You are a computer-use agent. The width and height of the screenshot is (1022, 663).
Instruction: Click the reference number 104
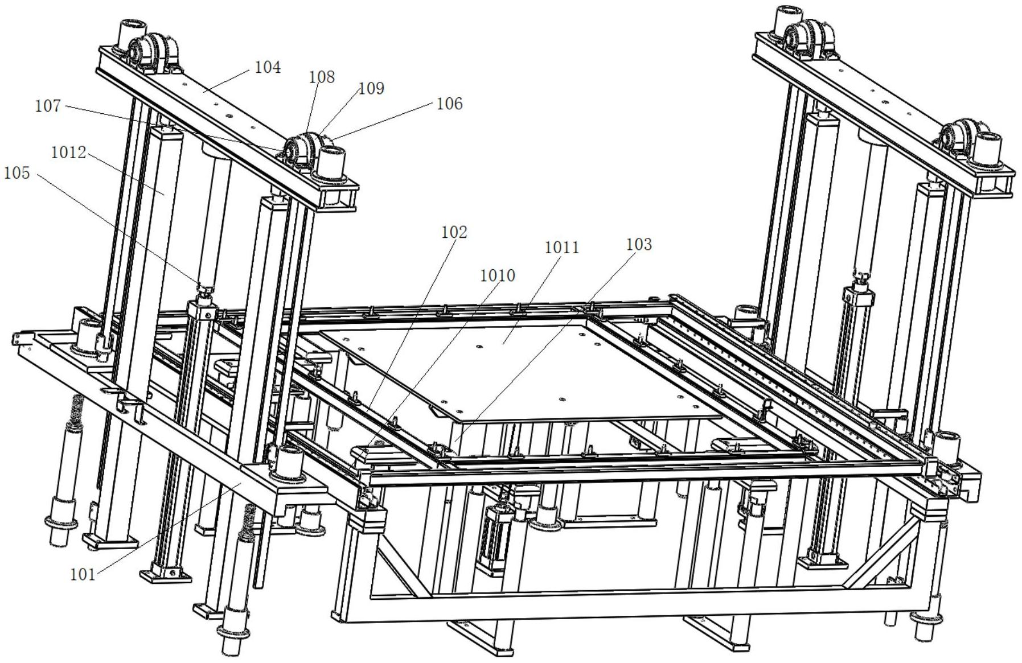268,68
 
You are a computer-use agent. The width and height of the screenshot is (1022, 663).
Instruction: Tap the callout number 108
322,77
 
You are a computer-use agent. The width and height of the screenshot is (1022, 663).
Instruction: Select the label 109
371,88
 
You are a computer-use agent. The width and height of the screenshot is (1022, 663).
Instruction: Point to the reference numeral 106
449,104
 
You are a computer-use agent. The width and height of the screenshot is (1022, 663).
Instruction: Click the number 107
48,106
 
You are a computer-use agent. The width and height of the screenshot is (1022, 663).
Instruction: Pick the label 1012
68,153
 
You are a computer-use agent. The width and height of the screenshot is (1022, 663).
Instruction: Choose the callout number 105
17,172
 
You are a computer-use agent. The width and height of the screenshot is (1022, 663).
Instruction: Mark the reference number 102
454,232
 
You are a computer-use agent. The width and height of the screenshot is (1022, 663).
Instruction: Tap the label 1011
561,248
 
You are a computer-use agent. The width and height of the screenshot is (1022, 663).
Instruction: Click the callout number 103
639,244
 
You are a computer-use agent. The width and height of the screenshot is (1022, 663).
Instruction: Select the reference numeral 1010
498,275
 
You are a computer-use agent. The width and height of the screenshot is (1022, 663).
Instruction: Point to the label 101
83,575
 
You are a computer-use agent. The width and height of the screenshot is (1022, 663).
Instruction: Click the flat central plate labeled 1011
512,370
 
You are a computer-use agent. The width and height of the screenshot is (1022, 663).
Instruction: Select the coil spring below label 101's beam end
248,521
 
